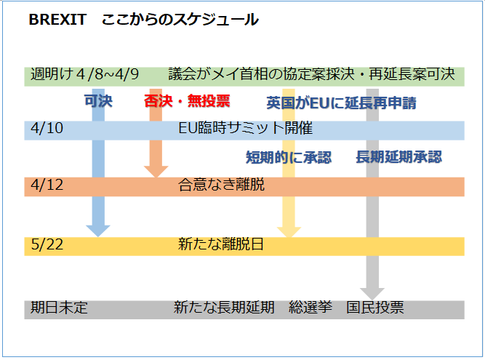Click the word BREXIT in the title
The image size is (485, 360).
coord(57,20)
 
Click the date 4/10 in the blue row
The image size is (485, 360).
coord(47,128)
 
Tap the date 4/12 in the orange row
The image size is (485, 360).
coord(47,185)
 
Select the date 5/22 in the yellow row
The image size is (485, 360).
coord(47,244)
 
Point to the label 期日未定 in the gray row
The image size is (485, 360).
coord(59,308)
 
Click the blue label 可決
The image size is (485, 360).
coord(98,101)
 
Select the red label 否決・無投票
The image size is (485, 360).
coord(187,101)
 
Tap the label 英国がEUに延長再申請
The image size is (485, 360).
coord(342,103)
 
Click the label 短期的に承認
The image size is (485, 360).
coord(289,157)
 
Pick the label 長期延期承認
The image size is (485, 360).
coord(399,157)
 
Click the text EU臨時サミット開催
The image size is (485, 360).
coord(246,128)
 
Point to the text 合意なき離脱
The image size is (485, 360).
coord(222,185)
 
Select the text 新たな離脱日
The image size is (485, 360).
coord(221,244)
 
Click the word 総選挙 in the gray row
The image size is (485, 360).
coord(310,308)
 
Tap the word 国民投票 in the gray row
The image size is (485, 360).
coord(375,308)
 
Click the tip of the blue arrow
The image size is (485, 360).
coord(98,237)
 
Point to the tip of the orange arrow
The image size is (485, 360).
coord(156,177)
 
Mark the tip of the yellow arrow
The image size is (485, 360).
coord(289,238)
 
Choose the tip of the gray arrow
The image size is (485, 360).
coord(372,300)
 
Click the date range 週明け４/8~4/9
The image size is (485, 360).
coord(85,74)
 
